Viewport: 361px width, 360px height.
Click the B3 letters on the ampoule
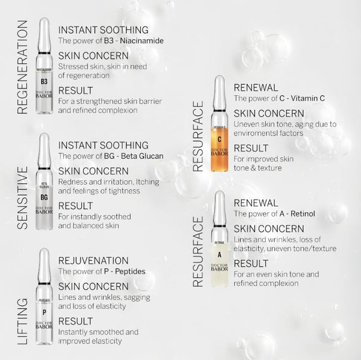tap(44, 81)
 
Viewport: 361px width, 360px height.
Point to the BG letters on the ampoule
tap(44, 198)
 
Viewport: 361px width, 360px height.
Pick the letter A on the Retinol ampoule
tap(220, 254)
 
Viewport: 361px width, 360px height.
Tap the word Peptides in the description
tap(129, 272)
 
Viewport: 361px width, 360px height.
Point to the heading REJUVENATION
tap(102, 260)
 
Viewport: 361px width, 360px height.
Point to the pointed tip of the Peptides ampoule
tap(44, 251)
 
